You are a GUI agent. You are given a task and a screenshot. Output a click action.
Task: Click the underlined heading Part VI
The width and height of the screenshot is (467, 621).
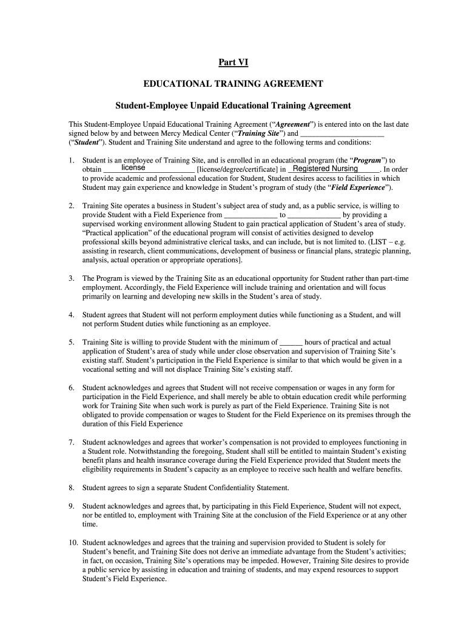(233, 62)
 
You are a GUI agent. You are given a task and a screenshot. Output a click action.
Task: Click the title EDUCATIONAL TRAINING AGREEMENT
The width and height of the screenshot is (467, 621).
(233, 84)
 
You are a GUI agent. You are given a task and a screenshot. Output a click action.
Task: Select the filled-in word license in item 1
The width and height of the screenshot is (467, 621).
(133, 167)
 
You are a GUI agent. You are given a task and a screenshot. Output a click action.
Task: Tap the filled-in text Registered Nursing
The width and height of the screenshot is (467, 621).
(325, 168)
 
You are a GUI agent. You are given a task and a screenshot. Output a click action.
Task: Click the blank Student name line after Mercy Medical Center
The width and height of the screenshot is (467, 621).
(342, 133)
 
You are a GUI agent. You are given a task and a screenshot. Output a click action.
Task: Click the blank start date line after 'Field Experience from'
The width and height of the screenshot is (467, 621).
(250, 215)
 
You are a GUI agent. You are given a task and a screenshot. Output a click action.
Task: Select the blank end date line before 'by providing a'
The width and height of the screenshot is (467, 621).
(314, 215)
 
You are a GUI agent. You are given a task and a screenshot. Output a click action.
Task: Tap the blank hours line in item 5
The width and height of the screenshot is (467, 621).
(292, 342)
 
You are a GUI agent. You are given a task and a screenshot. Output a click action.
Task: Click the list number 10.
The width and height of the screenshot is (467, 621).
(73, 542)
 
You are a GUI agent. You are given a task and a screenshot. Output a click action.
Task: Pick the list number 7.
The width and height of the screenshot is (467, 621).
(72, 442)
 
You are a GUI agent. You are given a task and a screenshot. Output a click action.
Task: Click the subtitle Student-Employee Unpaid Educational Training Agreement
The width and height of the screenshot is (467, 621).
(233, 106)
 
